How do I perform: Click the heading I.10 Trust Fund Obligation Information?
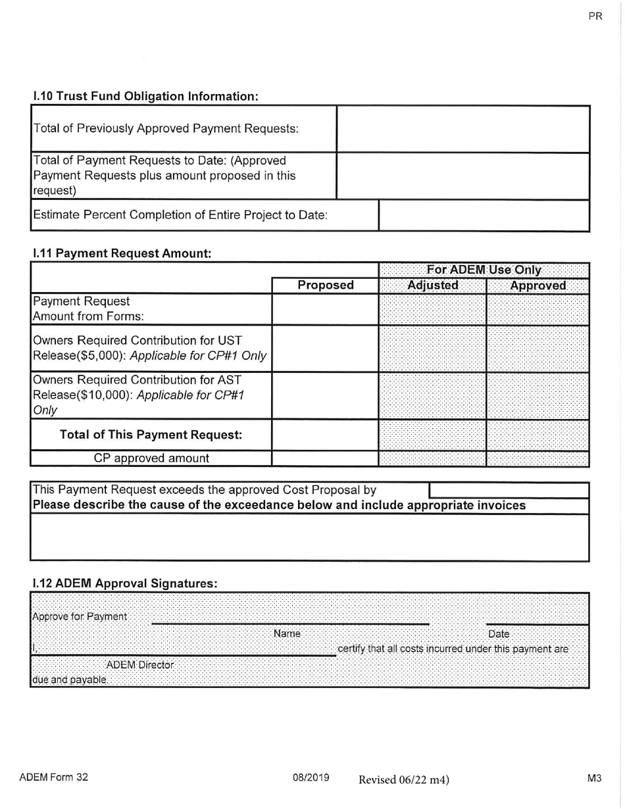(x=145, y=96)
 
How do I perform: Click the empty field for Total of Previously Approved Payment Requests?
(x=463, y=128)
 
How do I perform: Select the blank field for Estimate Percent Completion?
(x=484, y=215)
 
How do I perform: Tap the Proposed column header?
(x=325, y=285)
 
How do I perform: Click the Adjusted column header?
(x=432, y=285)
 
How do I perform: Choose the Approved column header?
(x=537, y=285)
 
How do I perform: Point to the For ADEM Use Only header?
(x=484, y=270)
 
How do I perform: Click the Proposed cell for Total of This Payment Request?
(x=325, y=435)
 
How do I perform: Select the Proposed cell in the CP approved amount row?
(x=325, y=458)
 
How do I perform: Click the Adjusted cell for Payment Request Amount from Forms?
(x=432, y=308)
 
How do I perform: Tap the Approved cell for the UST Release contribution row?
(x=537, y=348)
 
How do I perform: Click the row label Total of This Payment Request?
(x=151, y=435)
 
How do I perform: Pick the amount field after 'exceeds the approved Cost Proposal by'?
(x=508, y=490)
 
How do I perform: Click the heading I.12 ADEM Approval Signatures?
(x=124, y=583)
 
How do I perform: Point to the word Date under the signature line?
(x=499, y=634)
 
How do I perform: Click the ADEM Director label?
(x=140, y=665)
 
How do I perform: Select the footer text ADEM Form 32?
(x=53, y=777)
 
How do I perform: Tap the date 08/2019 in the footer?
(x=311, y=777)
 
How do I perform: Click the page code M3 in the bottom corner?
(x=594, y=778)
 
